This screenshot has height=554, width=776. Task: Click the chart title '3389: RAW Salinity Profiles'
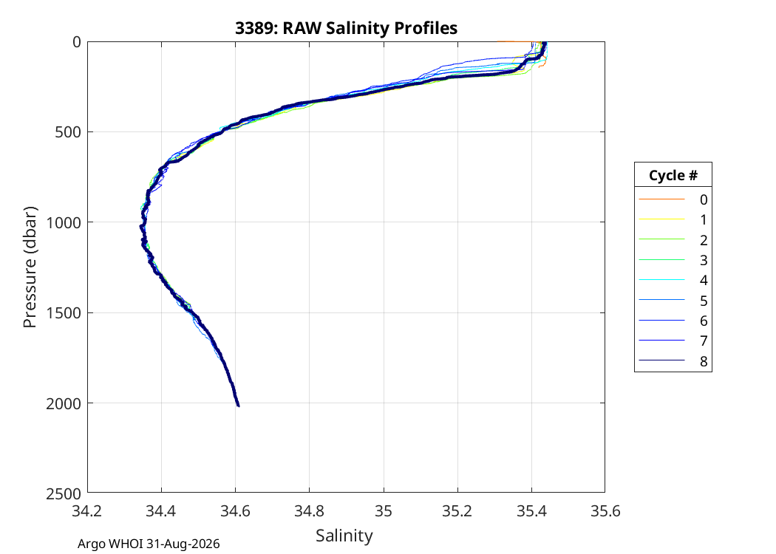click(346, 28)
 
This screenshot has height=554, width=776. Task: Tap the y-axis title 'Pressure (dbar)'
click(30, 267)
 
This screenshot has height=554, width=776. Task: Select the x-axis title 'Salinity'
click(344, 536)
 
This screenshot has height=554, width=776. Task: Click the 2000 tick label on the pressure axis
click(64, 403)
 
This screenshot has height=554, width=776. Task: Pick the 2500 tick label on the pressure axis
click(64, 493)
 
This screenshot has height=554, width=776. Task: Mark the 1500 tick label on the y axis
click(64, 313)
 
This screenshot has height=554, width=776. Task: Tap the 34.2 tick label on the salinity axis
click(87, 511)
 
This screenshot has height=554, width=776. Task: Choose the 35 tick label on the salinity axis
click(384, 511)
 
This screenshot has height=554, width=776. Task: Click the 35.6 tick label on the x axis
click(605, 511)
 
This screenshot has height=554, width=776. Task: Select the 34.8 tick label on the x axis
click(310, 511)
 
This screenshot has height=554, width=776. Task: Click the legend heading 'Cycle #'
click(673, 175)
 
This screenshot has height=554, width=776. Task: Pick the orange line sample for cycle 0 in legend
click(661, 199)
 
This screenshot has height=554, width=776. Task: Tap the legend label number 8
click(704, 362)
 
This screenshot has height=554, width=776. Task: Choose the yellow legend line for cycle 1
click(661, 219)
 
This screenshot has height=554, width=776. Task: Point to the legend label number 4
click(704, 281)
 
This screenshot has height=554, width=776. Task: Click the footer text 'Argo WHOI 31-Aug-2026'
click(149, 544)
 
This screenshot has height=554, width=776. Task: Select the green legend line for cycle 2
click(661, 239)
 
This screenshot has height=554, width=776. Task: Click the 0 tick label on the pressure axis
click(77, 42)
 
